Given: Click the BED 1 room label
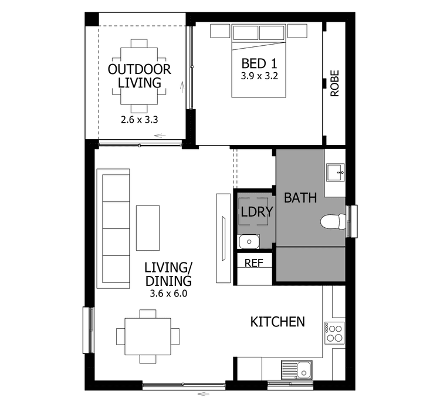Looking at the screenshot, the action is coord(259,63).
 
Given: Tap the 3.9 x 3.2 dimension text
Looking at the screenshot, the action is coord(259,76).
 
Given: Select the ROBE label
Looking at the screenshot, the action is coord(334,83).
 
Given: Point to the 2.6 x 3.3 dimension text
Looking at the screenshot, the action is coord(140,120).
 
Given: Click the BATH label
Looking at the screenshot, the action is coord(300,198).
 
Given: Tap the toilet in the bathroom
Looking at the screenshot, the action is coord(333,221).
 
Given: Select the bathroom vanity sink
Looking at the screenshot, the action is coord(335,173).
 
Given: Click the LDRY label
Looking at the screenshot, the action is coord(257,212).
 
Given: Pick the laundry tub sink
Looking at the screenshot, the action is coord(249,241).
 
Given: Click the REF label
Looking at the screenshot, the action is coord(254,263).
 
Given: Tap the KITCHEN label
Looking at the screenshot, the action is coord(277,322).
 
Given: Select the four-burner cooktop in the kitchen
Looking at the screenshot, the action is coord(334,333).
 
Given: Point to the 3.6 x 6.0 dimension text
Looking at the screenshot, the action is coord(168,294).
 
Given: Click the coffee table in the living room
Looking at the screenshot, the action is coord(148,228).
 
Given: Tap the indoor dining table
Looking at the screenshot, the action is coord(148,337).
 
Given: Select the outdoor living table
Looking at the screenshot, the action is coord(139,76).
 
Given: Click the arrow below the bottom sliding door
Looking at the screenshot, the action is coord(204,394).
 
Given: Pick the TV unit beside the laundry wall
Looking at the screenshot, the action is coord(224,238).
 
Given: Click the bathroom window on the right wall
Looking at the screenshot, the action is coord(352,221).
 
